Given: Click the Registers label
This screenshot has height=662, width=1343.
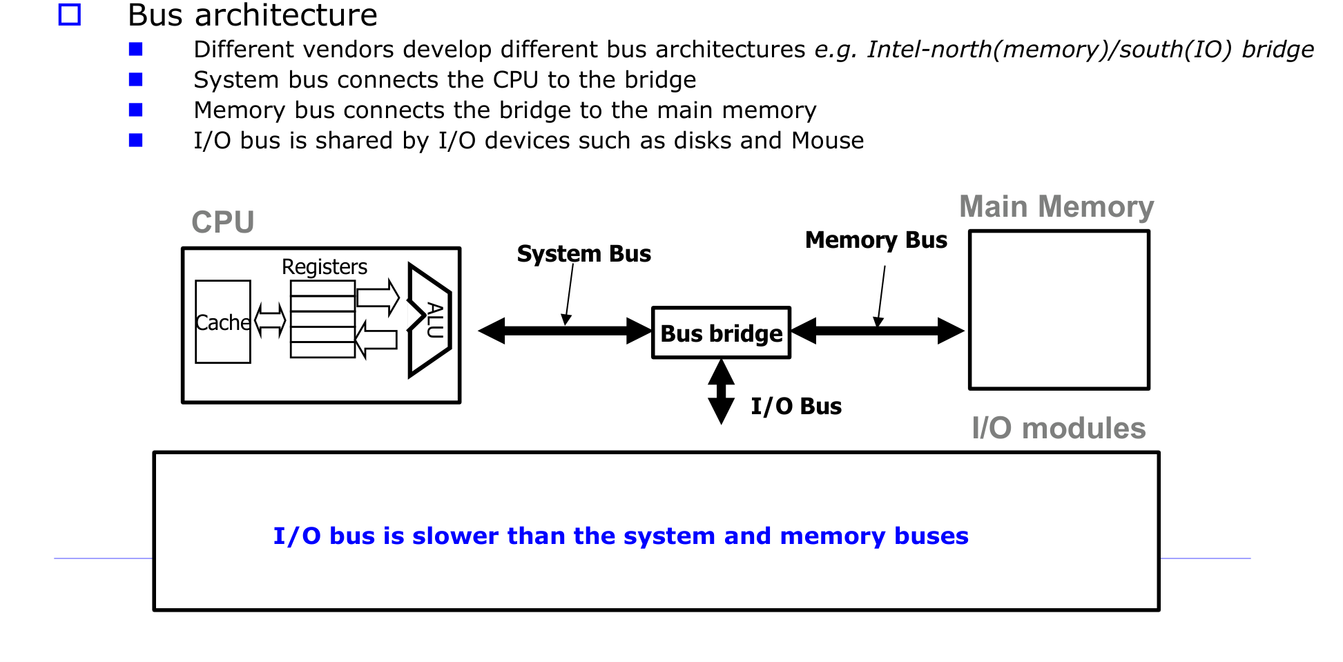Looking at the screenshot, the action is pos(325,266).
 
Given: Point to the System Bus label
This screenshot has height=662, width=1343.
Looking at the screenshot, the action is pos(583,253).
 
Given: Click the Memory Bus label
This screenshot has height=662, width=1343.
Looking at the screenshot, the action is pos(876,240).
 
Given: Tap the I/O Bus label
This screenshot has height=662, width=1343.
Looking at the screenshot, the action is pos(796,406).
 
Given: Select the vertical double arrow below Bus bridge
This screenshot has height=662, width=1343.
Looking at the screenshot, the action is pos(722,392).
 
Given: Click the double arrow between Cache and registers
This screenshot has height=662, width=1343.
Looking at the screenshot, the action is pos(270,320).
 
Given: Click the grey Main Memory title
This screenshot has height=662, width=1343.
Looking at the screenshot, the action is pos(1056,206).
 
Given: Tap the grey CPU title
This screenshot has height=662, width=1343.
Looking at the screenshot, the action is pos(222,222).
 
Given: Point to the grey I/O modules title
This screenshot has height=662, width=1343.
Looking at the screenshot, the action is pos(1059,428).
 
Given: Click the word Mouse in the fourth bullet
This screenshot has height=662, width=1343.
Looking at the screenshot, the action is pos(827,140).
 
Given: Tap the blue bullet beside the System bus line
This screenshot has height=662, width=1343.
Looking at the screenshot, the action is pos(135,79).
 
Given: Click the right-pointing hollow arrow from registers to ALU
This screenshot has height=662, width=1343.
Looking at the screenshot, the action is pos(378,298).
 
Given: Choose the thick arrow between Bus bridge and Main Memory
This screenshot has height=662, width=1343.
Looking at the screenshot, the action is pos(878,331).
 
